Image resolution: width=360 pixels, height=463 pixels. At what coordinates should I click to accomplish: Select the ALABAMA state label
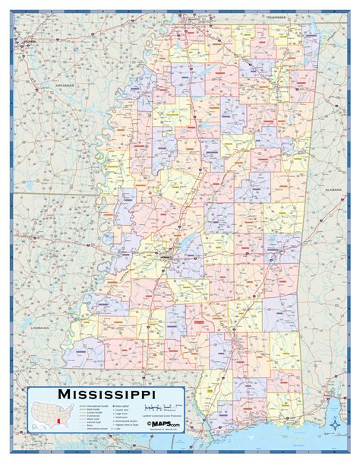click(x=332, y=191)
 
